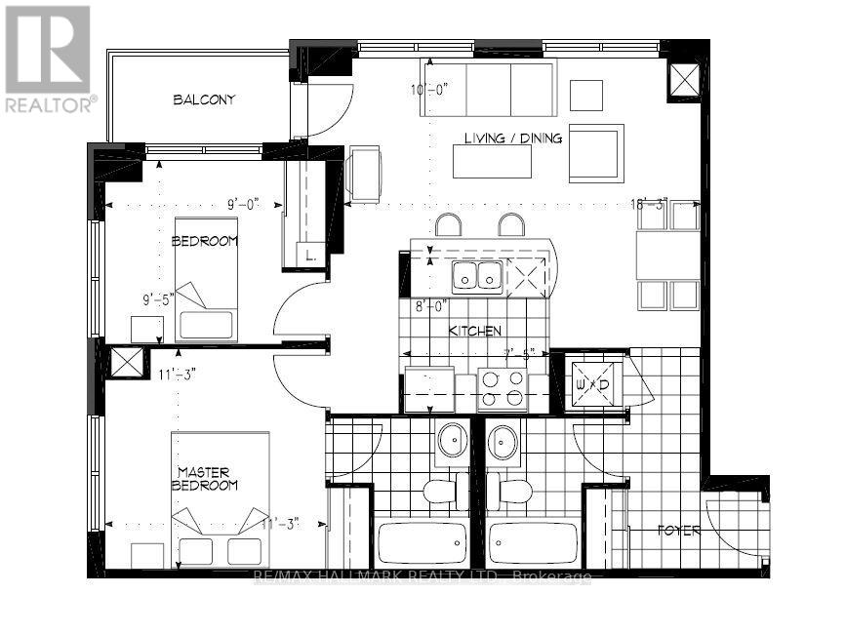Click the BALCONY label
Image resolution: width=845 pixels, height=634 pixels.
pos(205,99)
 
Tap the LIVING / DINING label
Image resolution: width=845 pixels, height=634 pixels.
pos(513,139)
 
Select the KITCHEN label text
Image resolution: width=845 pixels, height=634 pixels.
pos(474,332)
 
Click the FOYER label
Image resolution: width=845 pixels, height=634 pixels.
pos(679,532)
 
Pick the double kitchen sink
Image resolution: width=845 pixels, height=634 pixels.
pos(476,276)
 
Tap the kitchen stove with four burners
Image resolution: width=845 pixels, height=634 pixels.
pos(502,389)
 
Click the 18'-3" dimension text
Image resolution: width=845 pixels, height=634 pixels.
pos(649,204)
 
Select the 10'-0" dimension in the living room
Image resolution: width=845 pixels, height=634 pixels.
pos(428,90)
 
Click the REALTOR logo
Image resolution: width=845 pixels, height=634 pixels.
pos(49,59)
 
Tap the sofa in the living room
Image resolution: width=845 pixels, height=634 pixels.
pos(488,89)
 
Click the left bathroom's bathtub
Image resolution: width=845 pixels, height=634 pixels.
pos(422,544)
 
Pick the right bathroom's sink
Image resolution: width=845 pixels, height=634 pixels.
pos(503,442)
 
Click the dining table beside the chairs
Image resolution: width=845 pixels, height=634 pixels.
pos(668,256)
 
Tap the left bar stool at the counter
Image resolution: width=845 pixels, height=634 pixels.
pos(448,226)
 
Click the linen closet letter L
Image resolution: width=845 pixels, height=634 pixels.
pos(310,256)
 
